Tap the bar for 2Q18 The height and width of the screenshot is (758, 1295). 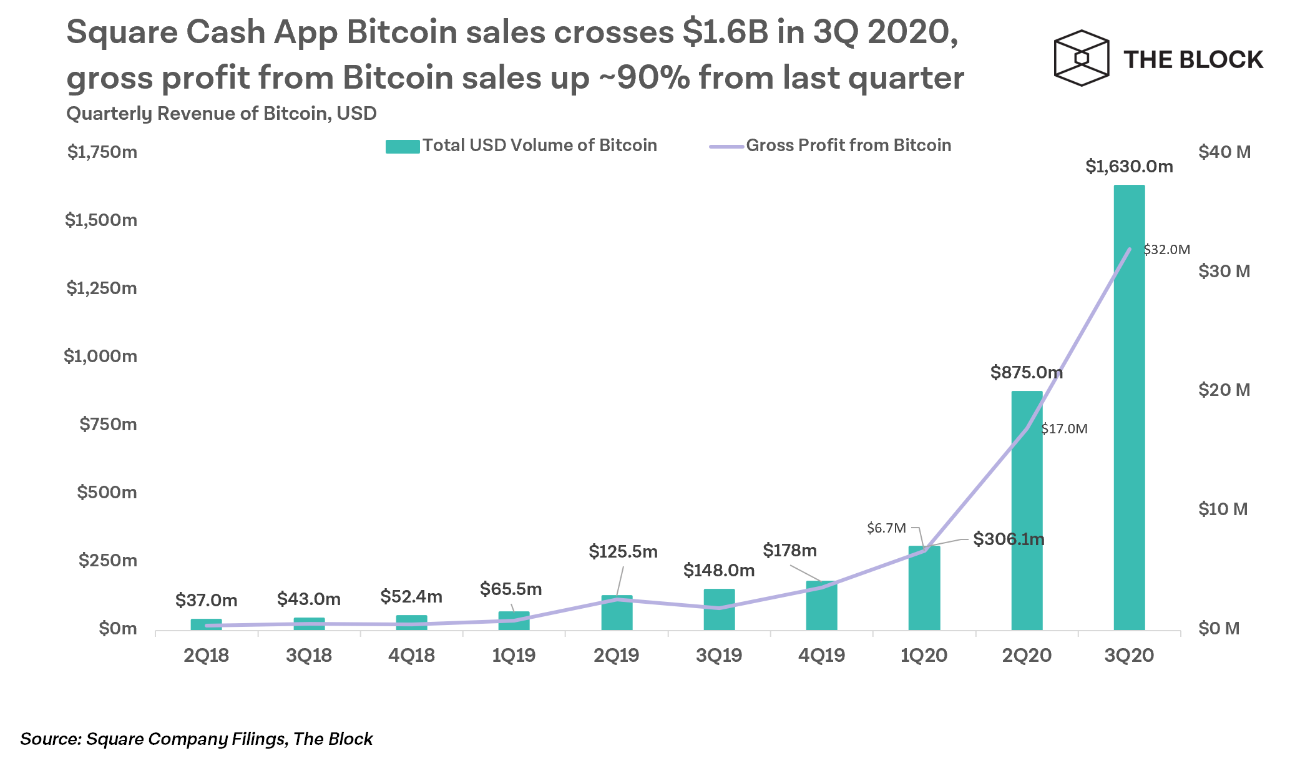[206, 624]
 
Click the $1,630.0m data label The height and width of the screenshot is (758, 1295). [1129, 166]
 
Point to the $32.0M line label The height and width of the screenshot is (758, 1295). [1166, 250]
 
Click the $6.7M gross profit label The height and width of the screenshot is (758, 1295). [886, 528]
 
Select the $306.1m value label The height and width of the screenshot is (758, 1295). [1009, 539]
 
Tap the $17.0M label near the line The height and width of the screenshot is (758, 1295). [1065, 429]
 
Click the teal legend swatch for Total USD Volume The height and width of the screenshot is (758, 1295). [402, 147]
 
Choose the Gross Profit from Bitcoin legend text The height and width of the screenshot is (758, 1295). [848, 145]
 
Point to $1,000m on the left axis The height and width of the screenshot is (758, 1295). [100, 356]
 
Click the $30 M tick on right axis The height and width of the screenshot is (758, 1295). [1224, 271]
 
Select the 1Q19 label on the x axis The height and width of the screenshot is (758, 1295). [514, 656]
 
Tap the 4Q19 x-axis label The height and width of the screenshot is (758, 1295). [821, 656]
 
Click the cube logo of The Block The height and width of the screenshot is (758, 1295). [1081, 58]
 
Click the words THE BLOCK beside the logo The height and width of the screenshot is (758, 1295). [1193, 60]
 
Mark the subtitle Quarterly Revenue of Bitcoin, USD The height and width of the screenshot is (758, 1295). [222, 114]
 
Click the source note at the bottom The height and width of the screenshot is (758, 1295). [196, 739]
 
